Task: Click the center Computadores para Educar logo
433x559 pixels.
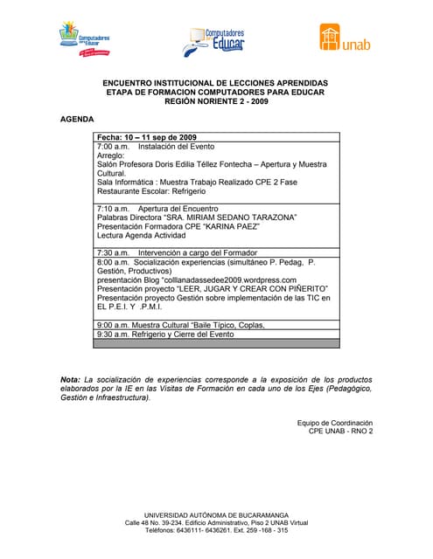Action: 215,39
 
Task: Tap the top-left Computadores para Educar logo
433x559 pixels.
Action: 84,38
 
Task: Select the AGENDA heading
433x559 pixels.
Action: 77,119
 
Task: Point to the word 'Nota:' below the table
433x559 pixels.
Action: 70,380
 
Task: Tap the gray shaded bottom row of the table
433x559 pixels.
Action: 217,343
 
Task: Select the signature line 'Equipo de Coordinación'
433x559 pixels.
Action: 335,423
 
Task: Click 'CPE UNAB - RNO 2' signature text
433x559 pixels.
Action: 335,431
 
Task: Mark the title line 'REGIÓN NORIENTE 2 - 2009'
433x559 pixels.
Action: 215,100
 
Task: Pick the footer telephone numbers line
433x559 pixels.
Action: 216,530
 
